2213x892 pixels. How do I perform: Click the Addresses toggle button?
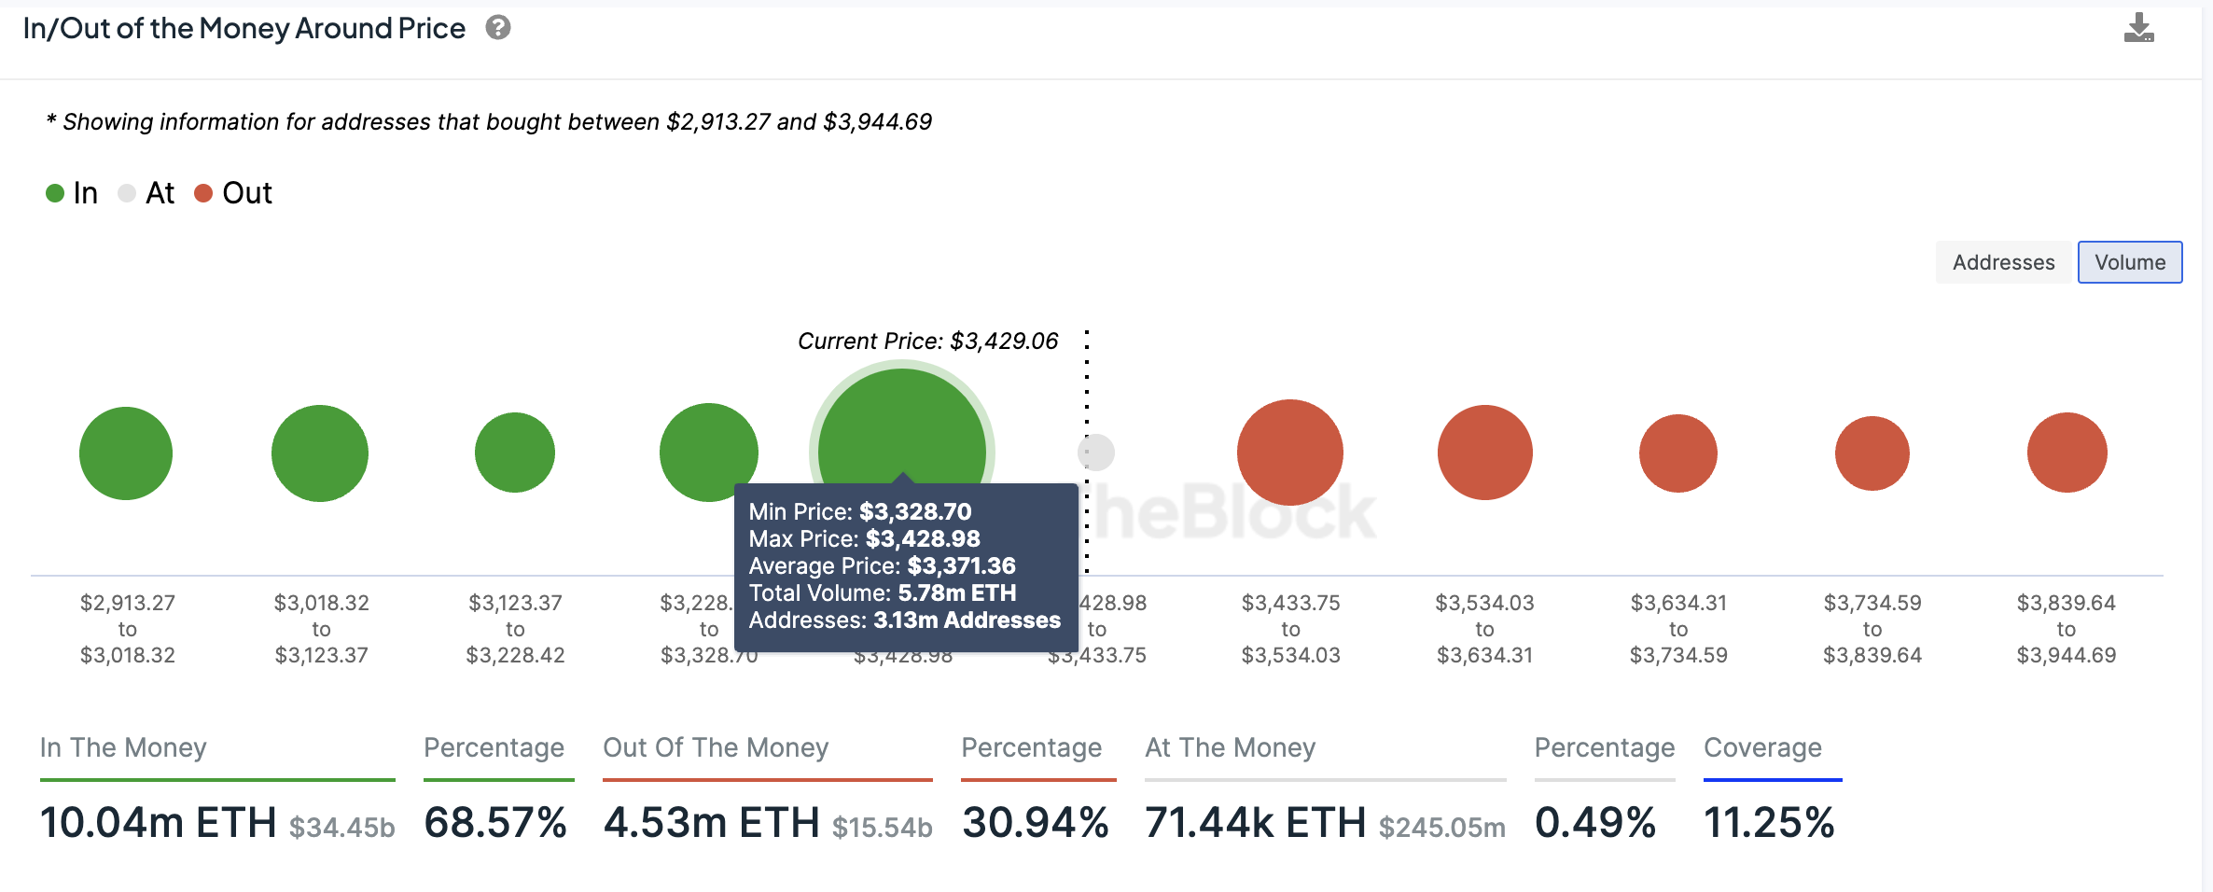(x=2003, y=262)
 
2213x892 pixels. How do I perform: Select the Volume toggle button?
(x=2130, y=262)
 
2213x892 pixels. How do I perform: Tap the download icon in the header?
(x=2138, y=28)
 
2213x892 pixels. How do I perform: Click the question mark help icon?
(x=498, y=28)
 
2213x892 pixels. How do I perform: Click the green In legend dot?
(x=55, y=193)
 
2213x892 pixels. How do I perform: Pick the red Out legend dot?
(x=203, y=193)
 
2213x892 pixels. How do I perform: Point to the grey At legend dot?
(x=127, y=193)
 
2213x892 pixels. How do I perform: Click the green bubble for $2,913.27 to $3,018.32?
(x=126, y=453)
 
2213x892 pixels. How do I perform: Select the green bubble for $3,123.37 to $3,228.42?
(x=515, y=453)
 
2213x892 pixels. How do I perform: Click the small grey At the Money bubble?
(x=1097, y=453)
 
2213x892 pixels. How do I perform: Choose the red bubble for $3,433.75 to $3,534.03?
(x=1290, y=453)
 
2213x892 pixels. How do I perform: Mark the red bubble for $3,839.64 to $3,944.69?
(x=2067, y=453)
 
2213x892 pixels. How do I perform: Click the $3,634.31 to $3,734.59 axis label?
(x=1678, y=629)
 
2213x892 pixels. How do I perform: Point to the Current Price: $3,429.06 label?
(x=927, y=341)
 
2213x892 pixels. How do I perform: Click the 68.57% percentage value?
(x=495, y=823)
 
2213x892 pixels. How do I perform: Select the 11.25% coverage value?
(x=1769, y=823)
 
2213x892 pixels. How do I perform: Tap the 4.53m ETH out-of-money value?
(x=712, y=823)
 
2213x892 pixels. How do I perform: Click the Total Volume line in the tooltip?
(x=882, y=592)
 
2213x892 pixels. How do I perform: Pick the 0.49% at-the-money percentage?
(x=1595, y=823)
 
